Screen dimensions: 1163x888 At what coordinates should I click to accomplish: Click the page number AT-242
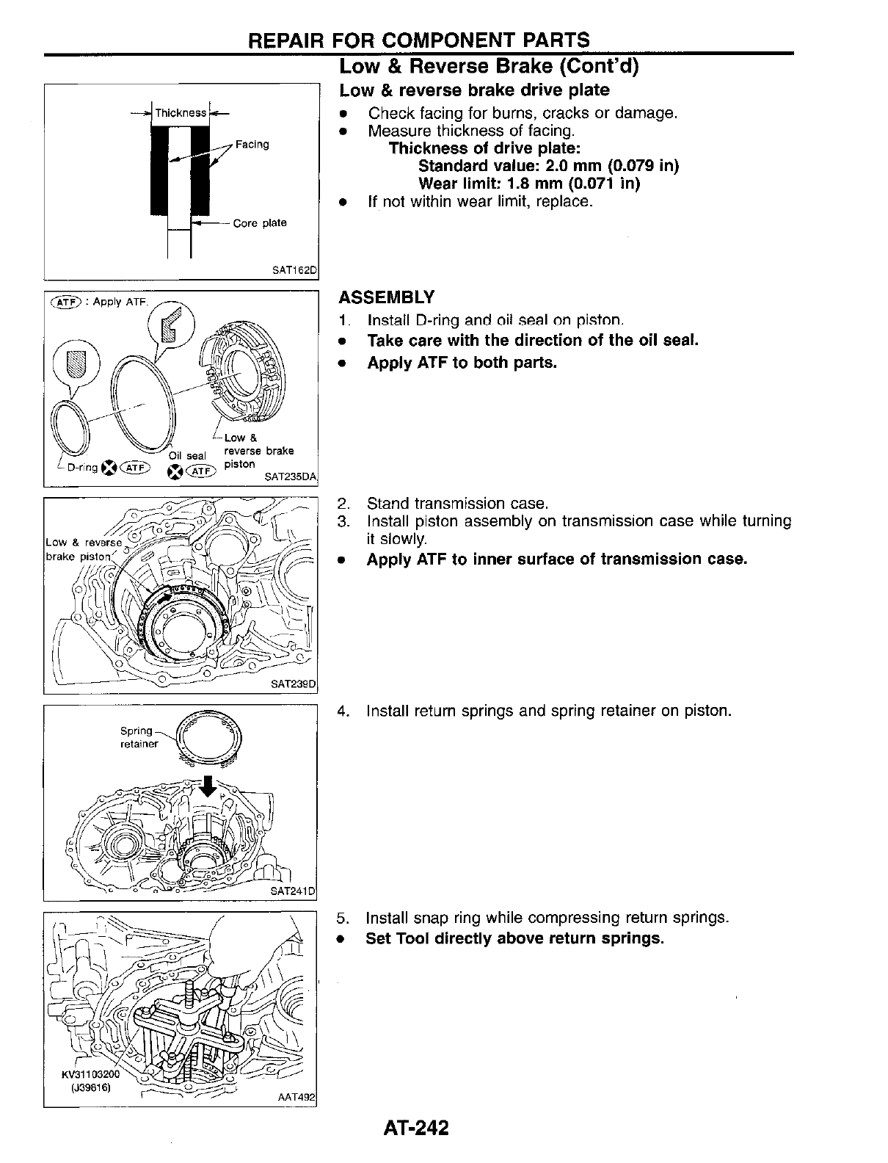tap(415, 1127)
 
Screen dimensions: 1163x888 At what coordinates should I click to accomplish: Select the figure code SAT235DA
tap(291, 477)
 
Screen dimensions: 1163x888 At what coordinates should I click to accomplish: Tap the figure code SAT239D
tap(293, 684)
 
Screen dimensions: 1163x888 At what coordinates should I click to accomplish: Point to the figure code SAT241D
tap(292, 891)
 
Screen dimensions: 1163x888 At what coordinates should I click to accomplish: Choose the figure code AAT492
tap(296, 1098)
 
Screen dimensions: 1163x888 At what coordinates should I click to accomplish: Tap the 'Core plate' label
tap(260, 223)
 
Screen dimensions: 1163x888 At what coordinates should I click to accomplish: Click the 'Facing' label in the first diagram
tap(252, 145)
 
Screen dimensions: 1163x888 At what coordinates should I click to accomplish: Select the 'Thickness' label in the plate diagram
tap(181, 113)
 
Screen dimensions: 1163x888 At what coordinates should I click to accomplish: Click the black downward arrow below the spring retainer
tap(209, 785)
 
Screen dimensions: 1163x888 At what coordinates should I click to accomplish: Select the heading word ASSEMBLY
tap(386, 297)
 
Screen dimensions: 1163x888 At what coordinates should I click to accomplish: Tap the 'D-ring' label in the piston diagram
tap(82, 468)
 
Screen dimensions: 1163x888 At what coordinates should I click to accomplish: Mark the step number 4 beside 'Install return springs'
tap(341, 711)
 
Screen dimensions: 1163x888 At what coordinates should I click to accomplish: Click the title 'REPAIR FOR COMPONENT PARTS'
tap(419, 40)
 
